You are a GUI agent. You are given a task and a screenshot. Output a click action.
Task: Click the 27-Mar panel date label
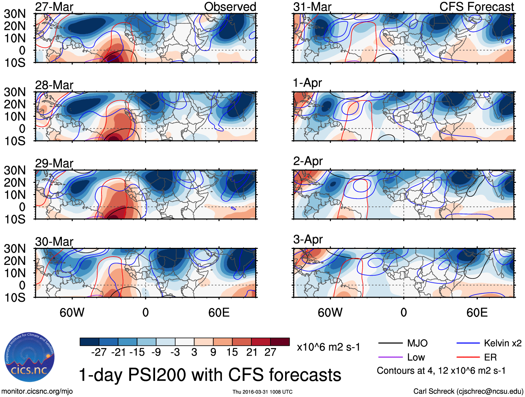pyautogui.click(x=54, y=7)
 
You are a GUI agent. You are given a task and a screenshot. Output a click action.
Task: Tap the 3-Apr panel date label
pyautogui.click(x=308, y=240)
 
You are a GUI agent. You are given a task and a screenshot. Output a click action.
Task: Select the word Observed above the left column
pyautogui.click(x=230, y=7)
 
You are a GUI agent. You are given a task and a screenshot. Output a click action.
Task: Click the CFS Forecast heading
pyautogui.click(x=476, y=7)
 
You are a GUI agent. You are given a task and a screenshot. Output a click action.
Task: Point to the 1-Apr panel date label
pyautogui.click(x=307, y=83)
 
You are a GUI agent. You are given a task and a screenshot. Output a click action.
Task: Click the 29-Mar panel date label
pyautogui.click(x=54, y=163)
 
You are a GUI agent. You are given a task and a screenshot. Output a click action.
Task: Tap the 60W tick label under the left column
pyautogui.click(x=72, y=313)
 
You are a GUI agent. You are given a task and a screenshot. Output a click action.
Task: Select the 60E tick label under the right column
pyautogui.click(x=477, y=313)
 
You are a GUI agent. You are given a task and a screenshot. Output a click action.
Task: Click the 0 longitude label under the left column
pyautogui.click(x=146, y=313)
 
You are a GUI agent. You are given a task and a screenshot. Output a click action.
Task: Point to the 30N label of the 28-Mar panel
pyautogui.click(x=15, y=92)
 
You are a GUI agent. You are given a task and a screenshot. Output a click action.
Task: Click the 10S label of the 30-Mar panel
pyautogui.click(x=15, y=298)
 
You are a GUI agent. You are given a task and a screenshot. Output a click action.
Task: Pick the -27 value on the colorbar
pyautogui.click(x=99, y=353)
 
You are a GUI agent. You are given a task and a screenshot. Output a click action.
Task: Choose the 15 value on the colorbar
pyautogui.click(x=232, y=353)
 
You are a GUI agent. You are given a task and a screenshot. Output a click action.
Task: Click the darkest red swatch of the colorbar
pyautogui.click(x=280, y=342)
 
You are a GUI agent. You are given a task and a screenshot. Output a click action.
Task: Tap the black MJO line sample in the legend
pyautogui.click(x=390, y=343)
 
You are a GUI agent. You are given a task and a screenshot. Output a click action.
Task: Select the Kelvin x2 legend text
pyautogui.click(x=502, y=343)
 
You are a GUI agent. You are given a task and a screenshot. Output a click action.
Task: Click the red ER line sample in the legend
pyautogui.click(x=468, y=357)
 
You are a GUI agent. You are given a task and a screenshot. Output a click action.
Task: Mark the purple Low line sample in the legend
pyautogui.click(x=390, y=357)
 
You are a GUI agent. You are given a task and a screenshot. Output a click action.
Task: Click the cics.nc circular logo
pyautogui.click(x=30, y=357)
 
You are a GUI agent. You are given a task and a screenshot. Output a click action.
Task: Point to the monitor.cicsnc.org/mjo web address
pyautogui.click(x=37, y=391)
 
